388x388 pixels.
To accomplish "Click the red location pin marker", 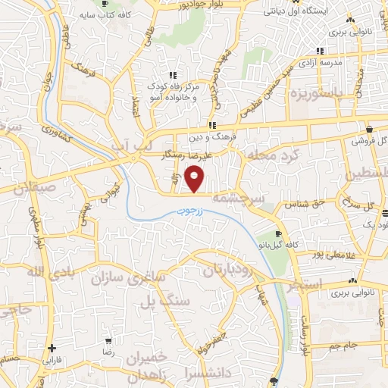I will point(196,179).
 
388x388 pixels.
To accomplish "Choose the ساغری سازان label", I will point(129,279).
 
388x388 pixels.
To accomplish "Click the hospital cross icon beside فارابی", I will point(51,349).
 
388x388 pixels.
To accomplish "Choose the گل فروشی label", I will point(369,141).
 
